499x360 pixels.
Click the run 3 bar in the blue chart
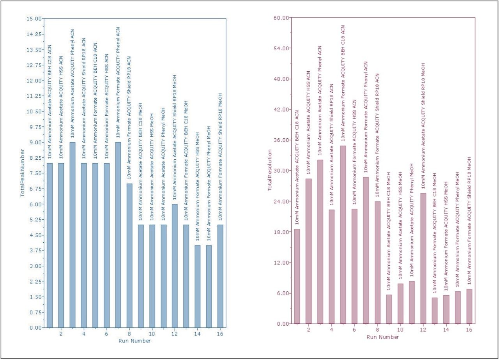click(73, 235)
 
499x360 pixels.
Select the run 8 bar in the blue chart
click(129, 256)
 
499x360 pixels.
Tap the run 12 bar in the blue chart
click(175, 266)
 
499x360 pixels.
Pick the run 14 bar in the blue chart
click(197, 286)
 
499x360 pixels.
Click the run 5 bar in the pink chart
click(343, 235)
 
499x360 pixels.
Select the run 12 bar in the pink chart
click(423, 258)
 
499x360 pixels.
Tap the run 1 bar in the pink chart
click(297, 276)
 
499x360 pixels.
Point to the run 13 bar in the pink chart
click(434, 311)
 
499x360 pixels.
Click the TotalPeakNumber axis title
click(23, 173)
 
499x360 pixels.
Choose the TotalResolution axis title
click(269, 170)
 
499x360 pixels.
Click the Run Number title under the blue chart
click(134, 341)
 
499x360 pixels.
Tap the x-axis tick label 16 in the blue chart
click(221, 334)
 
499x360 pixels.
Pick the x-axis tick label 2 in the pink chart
click(309, 330)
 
